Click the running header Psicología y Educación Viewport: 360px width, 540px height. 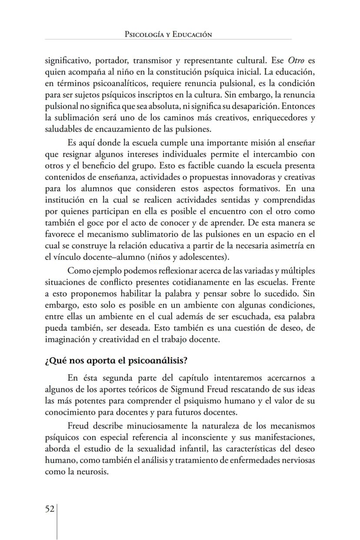point(168,34)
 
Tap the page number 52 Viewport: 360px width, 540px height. point(50,509)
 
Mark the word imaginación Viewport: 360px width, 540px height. point(67,340)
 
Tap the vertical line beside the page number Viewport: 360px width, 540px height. point(57,522)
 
